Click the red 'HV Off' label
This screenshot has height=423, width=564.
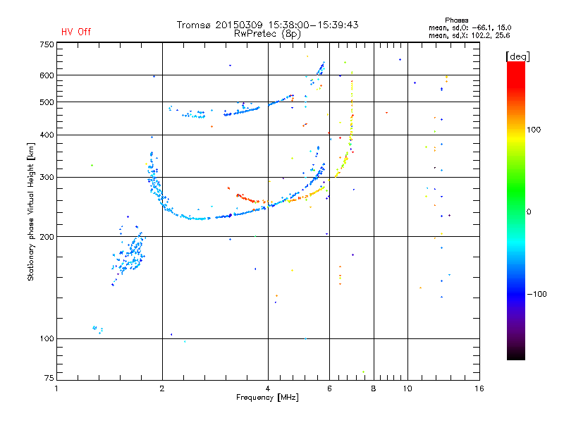[76, 32]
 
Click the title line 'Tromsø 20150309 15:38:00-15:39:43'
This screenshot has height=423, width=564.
[268, 25]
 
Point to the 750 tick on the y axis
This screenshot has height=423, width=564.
[47, 44]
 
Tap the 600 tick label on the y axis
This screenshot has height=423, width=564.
[47, 75]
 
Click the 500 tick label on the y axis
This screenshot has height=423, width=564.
[47, 102]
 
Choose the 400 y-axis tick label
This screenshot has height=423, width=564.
[47, 135]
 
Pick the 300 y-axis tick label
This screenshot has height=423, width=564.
[47, 177]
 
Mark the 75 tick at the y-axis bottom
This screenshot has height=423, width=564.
[49, 379]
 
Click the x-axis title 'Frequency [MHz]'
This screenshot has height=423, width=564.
[268, 398]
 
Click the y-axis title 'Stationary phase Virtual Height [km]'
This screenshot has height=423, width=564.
[31, 211]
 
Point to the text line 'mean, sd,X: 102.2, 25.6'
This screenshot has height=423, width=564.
[469, 35]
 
